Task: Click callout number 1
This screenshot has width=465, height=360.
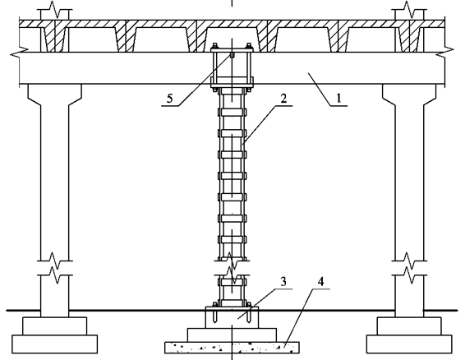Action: (338, 98)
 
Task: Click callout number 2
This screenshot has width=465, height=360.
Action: (283, 99)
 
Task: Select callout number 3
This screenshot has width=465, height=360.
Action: (283, 281)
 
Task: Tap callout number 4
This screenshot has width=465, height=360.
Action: (320, 281)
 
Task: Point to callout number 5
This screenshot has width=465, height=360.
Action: (169, 99)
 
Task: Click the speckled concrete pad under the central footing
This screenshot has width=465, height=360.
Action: (232, 347)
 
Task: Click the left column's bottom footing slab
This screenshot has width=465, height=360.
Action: (54, 344)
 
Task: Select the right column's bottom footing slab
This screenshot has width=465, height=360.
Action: (409, 344)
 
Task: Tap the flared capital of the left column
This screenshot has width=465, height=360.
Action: (54, 95)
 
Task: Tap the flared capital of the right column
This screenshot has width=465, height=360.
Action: (409, 95)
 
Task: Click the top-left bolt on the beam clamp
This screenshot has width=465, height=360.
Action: (215, 46)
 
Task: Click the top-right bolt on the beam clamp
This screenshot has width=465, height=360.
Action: (248, 46)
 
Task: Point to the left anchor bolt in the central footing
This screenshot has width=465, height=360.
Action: (214, 314)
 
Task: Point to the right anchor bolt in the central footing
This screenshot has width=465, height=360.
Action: (248, 314)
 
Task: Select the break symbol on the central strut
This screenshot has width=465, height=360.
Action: (232, 268)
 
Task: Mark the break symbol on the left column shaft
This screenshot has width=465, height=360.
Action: (54, 268)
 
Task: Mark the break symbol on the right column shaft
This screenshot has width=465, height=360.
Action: (409, 268)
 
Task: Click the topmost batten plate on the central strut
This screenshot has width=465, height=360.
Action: (232, 113)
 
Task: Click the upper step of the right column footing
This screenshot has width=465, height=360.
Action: (409, 326)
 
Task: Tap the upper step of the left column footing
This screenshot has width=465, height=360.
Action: (54, 326)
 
